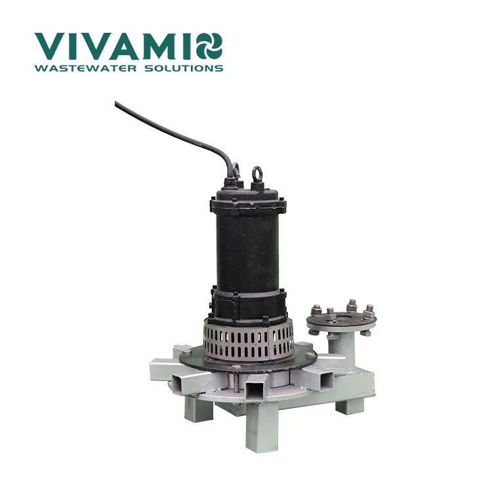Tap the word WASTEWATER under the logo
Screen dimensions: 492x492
click(86, 68)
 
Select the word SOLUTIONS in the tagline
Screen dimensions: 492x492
click(184, 68)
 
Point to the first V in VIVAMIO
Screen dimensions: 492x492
click(51, 47)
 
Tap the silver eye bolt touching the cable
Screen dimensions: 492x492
click(236, 169)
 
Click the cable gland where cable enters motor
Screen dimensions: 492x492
click(232, 180)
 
